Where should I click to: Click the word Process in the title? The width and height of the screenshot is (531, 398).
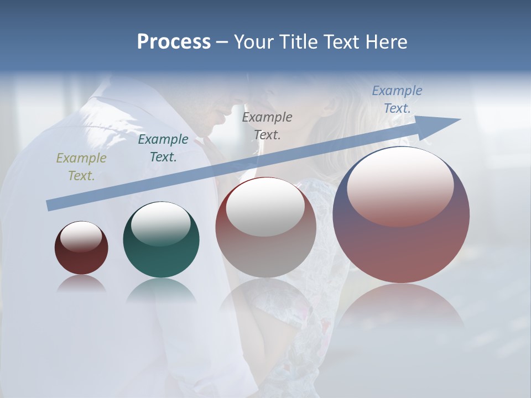174,42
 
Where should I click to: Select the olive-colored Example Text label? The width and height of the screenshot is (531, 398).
81,167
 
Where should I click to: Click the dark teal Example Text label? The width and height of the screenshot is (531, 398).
163,148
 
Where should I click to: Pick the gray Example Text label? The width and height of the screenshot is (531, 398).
267,125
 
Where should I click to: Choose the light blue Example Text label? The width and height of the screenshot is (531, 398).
397,99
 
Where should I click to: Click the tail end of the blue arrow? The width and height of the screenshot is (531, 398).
51,206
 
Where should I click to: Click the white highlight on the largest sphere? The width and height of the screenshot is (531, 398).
400,185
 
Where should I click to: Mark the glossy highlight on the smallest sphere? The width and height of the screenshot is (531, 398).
81,236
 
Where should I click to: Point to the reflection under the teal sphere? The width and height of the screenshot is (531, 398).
161,290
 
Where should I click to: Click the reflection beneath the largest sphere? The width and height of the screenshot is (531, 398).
401,310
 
